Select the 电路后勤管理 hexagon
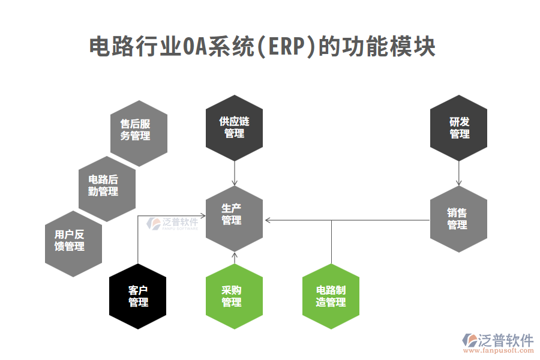107,185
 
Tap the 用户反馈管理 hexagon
73,241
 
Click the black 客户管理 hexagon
139,296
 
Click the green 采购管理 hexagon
235,296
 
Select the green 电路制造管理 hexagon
331,296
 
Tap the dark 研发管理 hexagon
459,128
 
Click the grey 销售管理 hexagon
459,219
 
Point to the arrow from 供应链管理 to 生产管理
235,174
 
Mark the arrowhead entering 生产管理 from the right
268,221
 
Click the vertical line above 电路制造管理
331,242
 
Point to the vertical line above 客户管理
139,240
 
